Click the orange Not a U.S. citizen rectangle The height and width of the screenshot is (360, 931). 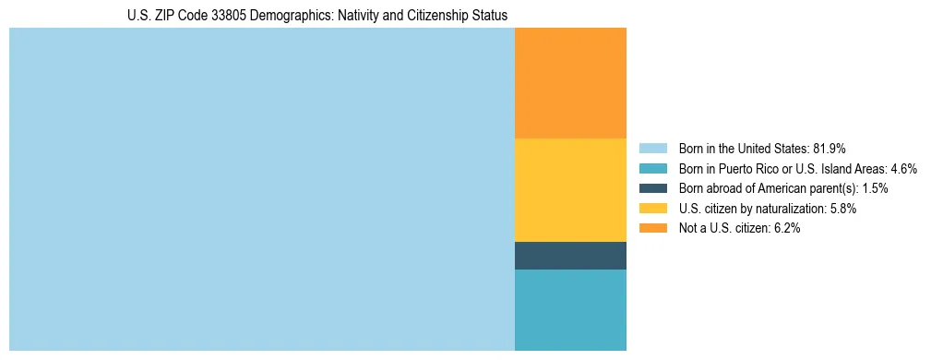tap(570, 83)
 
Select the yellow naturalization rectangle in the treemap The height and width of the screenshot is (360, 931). tap(570, 189)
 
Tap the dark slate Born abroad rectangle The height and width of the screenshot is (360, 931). tap(570, 256)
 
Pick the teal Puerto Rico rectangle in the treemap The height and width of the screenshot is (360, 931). tap(570, 309)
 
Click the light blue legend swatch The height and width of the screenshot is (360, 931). tap(652, 148)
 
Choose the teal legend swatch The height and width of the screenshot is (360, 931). tap(652, 168)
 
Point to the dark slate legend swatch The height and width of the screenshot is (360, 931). tap(652, 188)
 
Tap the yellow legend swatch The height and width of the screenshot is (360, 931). tap(652, 209)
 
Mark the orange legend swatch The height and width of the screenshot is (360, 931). tap(652, 228)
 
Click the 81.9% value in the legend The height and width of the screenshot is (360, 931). tap(830, 148)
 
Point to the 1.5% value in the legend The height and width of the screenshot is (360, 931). tap(875, 188)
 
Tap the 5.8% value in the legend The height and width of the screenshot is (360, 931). tap(841, 209)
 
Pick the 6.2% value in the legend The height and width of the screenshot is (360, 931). tap(784, 228)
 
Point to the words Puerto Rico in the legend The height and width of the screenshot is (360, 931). tap(745, 168)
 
